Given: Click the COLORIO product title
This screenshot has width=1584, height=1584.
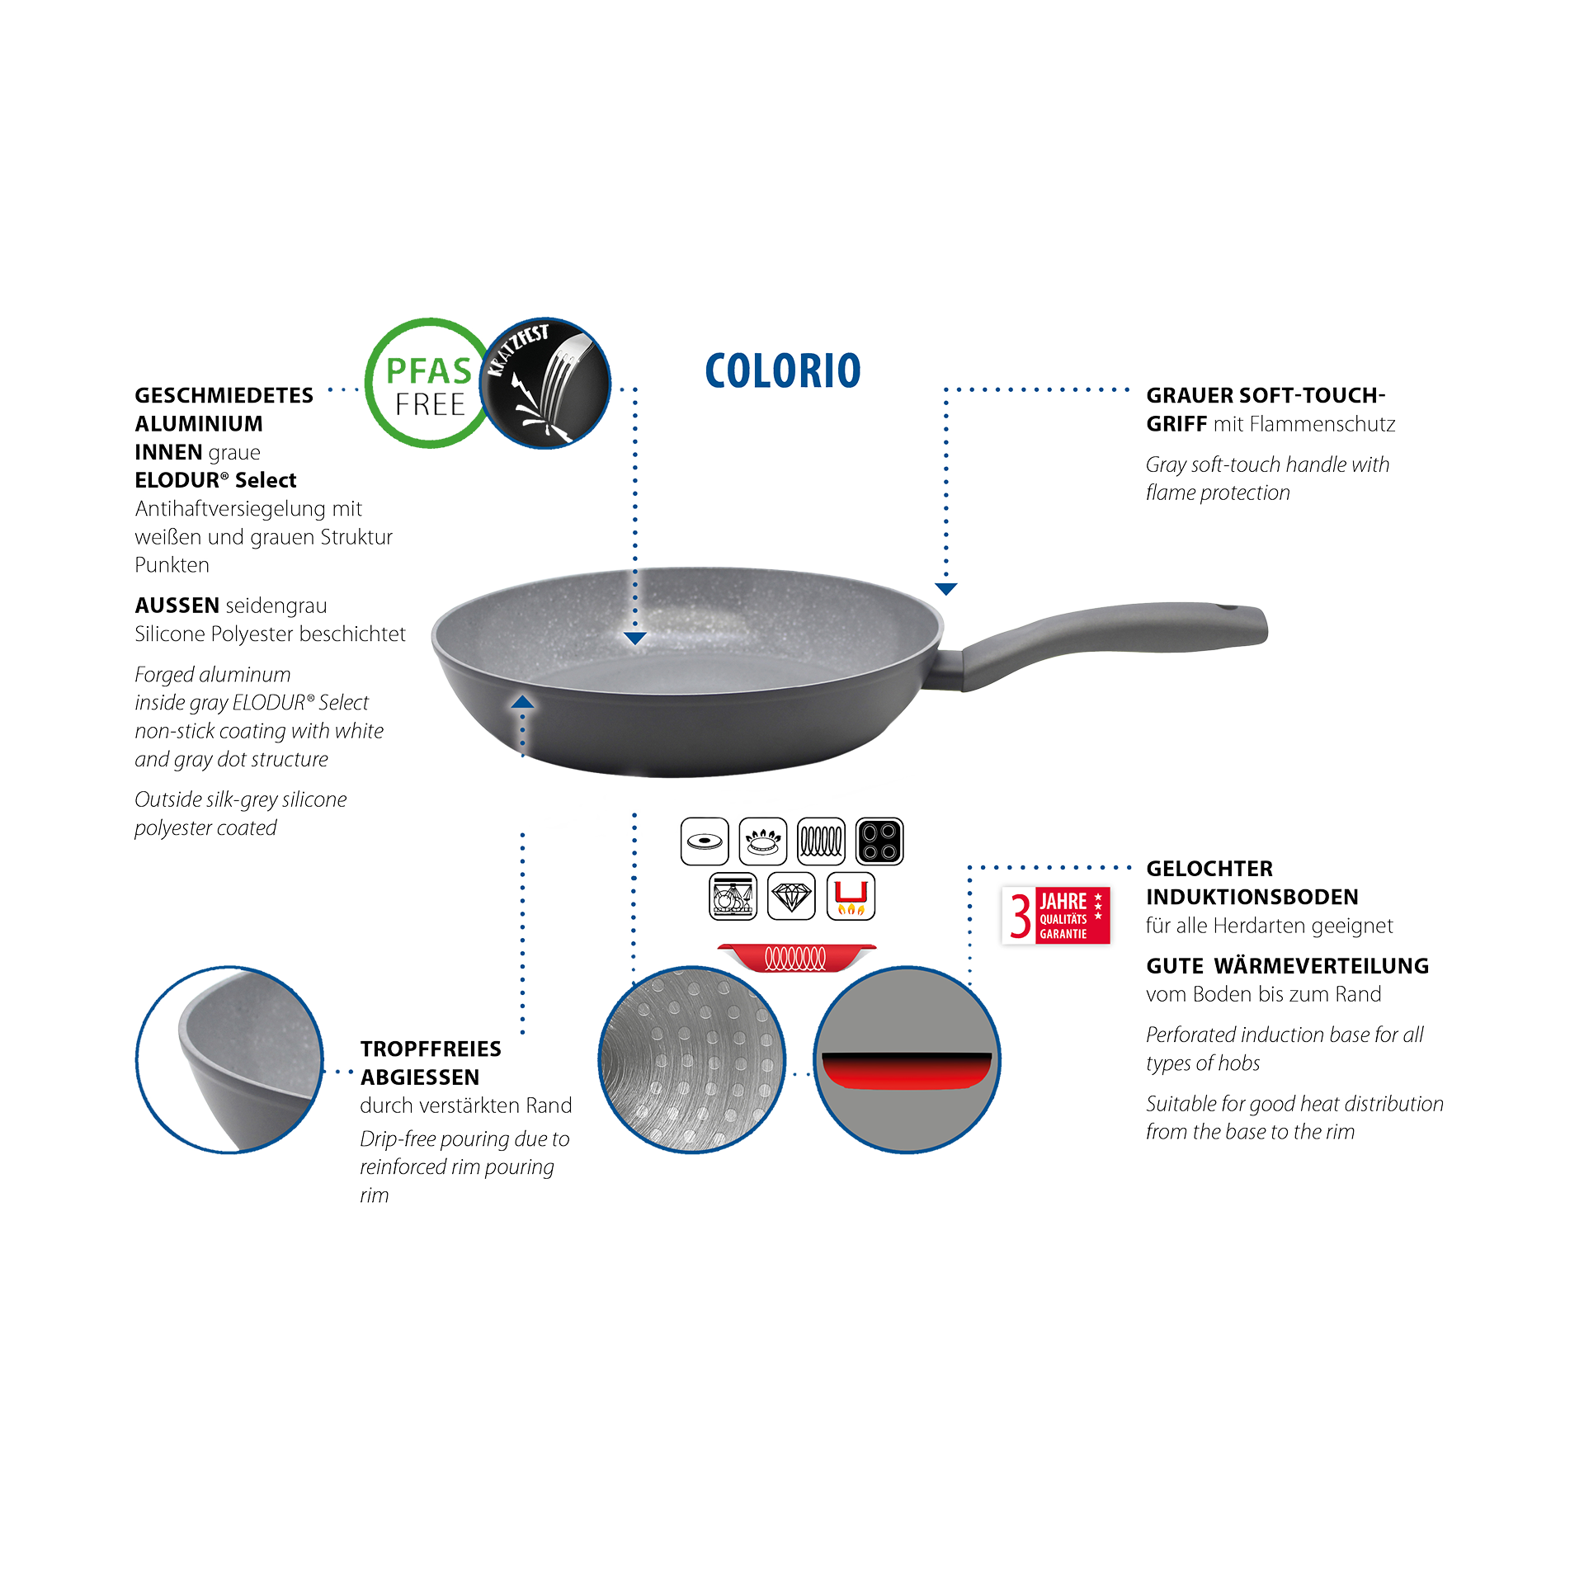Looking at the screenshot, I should [x=783, y=371].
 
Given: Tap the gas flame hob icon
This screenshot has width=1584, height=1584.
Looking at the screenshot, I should [x=763, y=841].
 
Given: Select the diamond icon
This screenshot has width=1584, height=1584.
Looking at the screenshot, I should [x=791, y=896].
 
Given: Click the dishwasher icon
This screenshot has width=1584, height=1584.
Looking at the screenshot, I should [x=733, y=896].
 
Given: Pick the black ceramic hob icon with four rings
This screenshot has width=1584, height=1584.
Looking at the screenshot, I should [x=879, y=841].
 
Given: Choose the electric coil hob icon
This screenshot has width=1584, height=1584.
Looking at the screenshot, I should [x=822, y=841].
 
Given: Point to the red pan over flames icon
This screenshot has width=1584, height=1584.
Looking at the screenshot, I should [x=851, y=896].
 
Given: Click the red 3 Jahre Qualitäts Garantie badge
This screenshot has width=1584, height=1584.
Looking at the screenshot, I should [x=1056, y=916].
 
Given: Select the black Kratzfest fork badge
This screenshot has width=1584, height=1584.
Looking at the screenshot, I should [x=546, y=383].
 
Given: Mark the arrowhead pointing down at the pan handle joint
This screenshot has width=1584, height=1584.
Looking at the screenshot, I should [x=946, y=588].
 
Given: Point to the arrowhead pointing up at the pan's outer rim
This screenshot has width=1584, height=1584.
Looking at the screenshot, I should [x=522, y=702].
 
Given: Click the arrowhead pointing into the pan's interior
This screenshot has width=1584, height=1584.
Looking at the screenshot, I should [x=634, y=638].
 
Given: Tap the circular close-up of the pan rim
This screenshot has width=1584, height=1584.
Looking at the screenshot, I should [x=230, y=1059].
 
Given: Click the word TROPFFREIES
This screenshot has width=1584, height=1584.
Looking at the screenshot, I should [x=431, y=1049].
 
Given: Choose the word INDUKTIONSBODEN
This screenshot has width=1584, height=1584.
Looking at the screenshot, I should [x=1252, y=897].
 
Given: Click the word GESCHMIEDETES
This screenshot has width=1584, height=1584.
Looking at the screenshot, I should [x=224, y=396].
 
